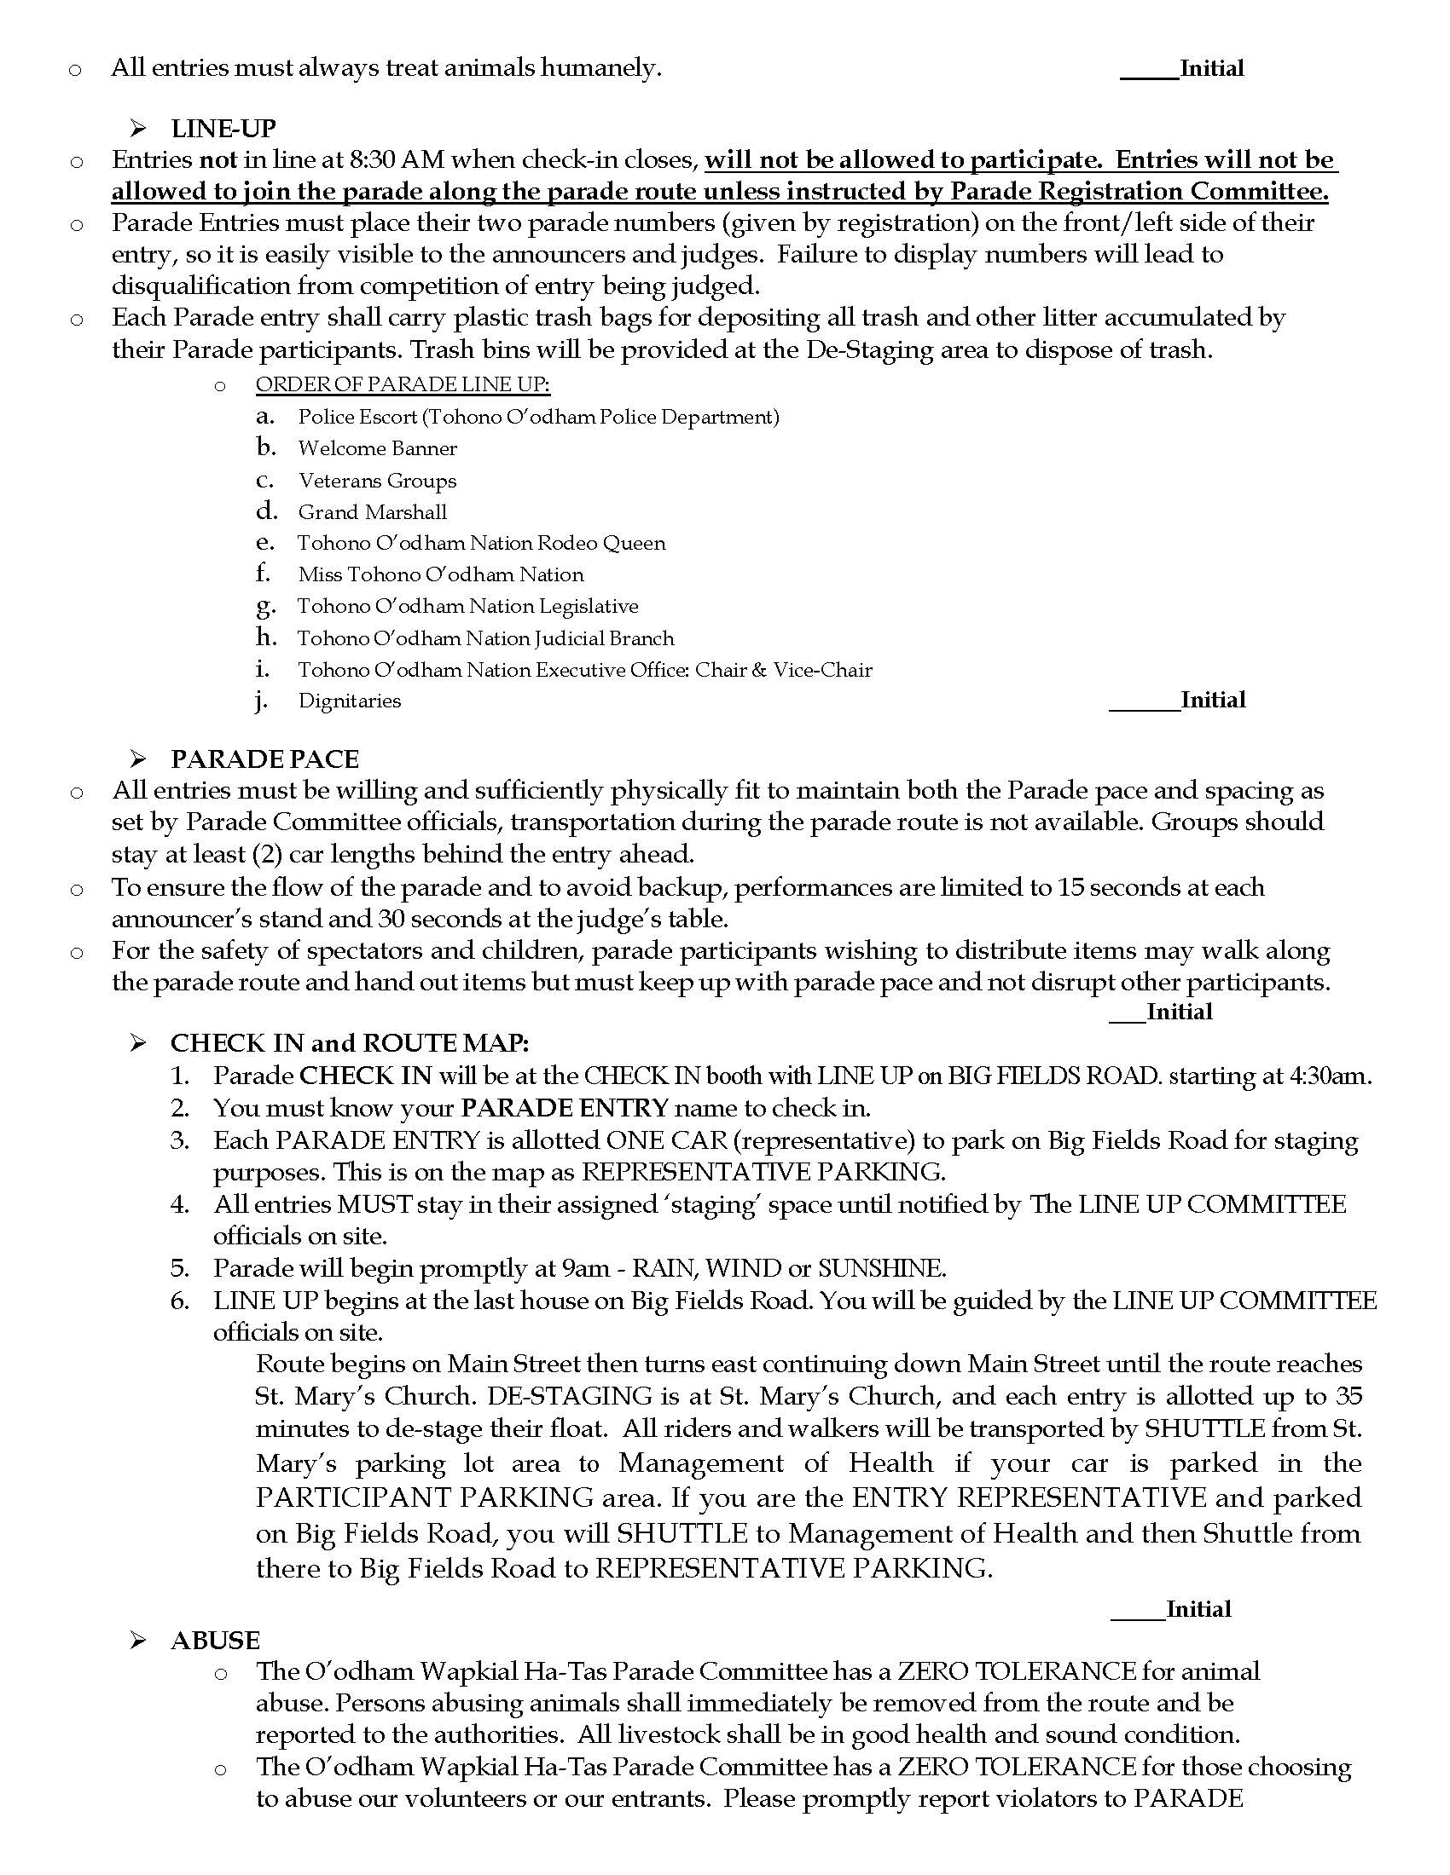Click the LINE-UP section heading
pos(223,129)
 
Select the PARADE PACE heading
pos(264,759)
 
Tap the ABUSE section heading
pos(215,1640)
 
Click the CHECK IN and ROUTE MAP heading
pos(349,1043)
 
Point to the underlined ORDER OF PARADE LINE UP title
pos(402,384)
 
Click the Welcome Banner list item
pos(377,448)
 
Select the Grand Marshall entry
pos(372,512)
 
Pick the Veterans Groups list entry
pos(377,481)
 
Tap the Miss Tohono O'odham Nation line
pos(441,574)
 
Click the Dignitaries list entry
pos(350,701)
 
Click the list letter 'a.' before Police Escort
pos(264,417)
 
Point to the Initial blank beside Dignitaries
pos(1144,702)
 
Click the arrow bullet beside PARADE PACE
pos(137,759)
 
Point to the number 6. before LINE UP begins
pos(179,1301)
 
